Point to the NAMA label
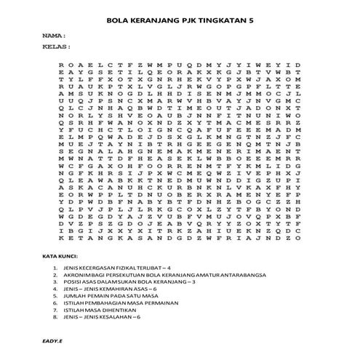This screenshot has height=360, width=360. [x=53, y=35]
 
